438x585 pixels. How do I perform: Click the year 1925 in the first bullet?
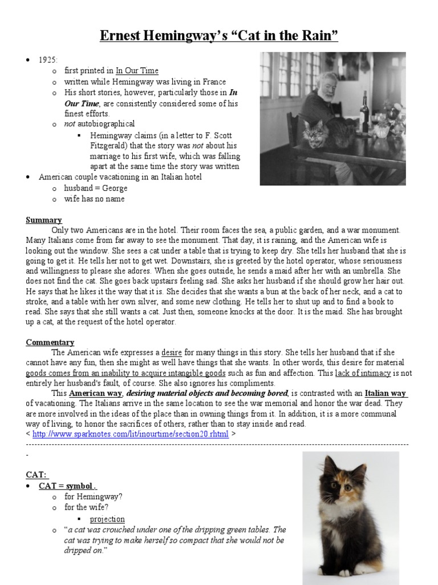coord(48,60)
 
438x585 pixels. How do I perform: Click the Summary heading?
coord(43,220)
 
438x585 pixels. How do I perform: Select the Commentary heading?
coord(50,342)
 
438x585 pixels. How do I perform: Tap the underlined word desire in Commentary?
coord(171,352)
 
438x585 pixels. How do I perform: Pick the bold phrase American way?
coord(96,394)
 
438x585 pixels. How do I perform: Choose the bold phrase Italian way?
coord(386,394)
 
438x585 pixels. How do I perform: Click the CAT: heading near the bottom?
coord(38,475)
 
